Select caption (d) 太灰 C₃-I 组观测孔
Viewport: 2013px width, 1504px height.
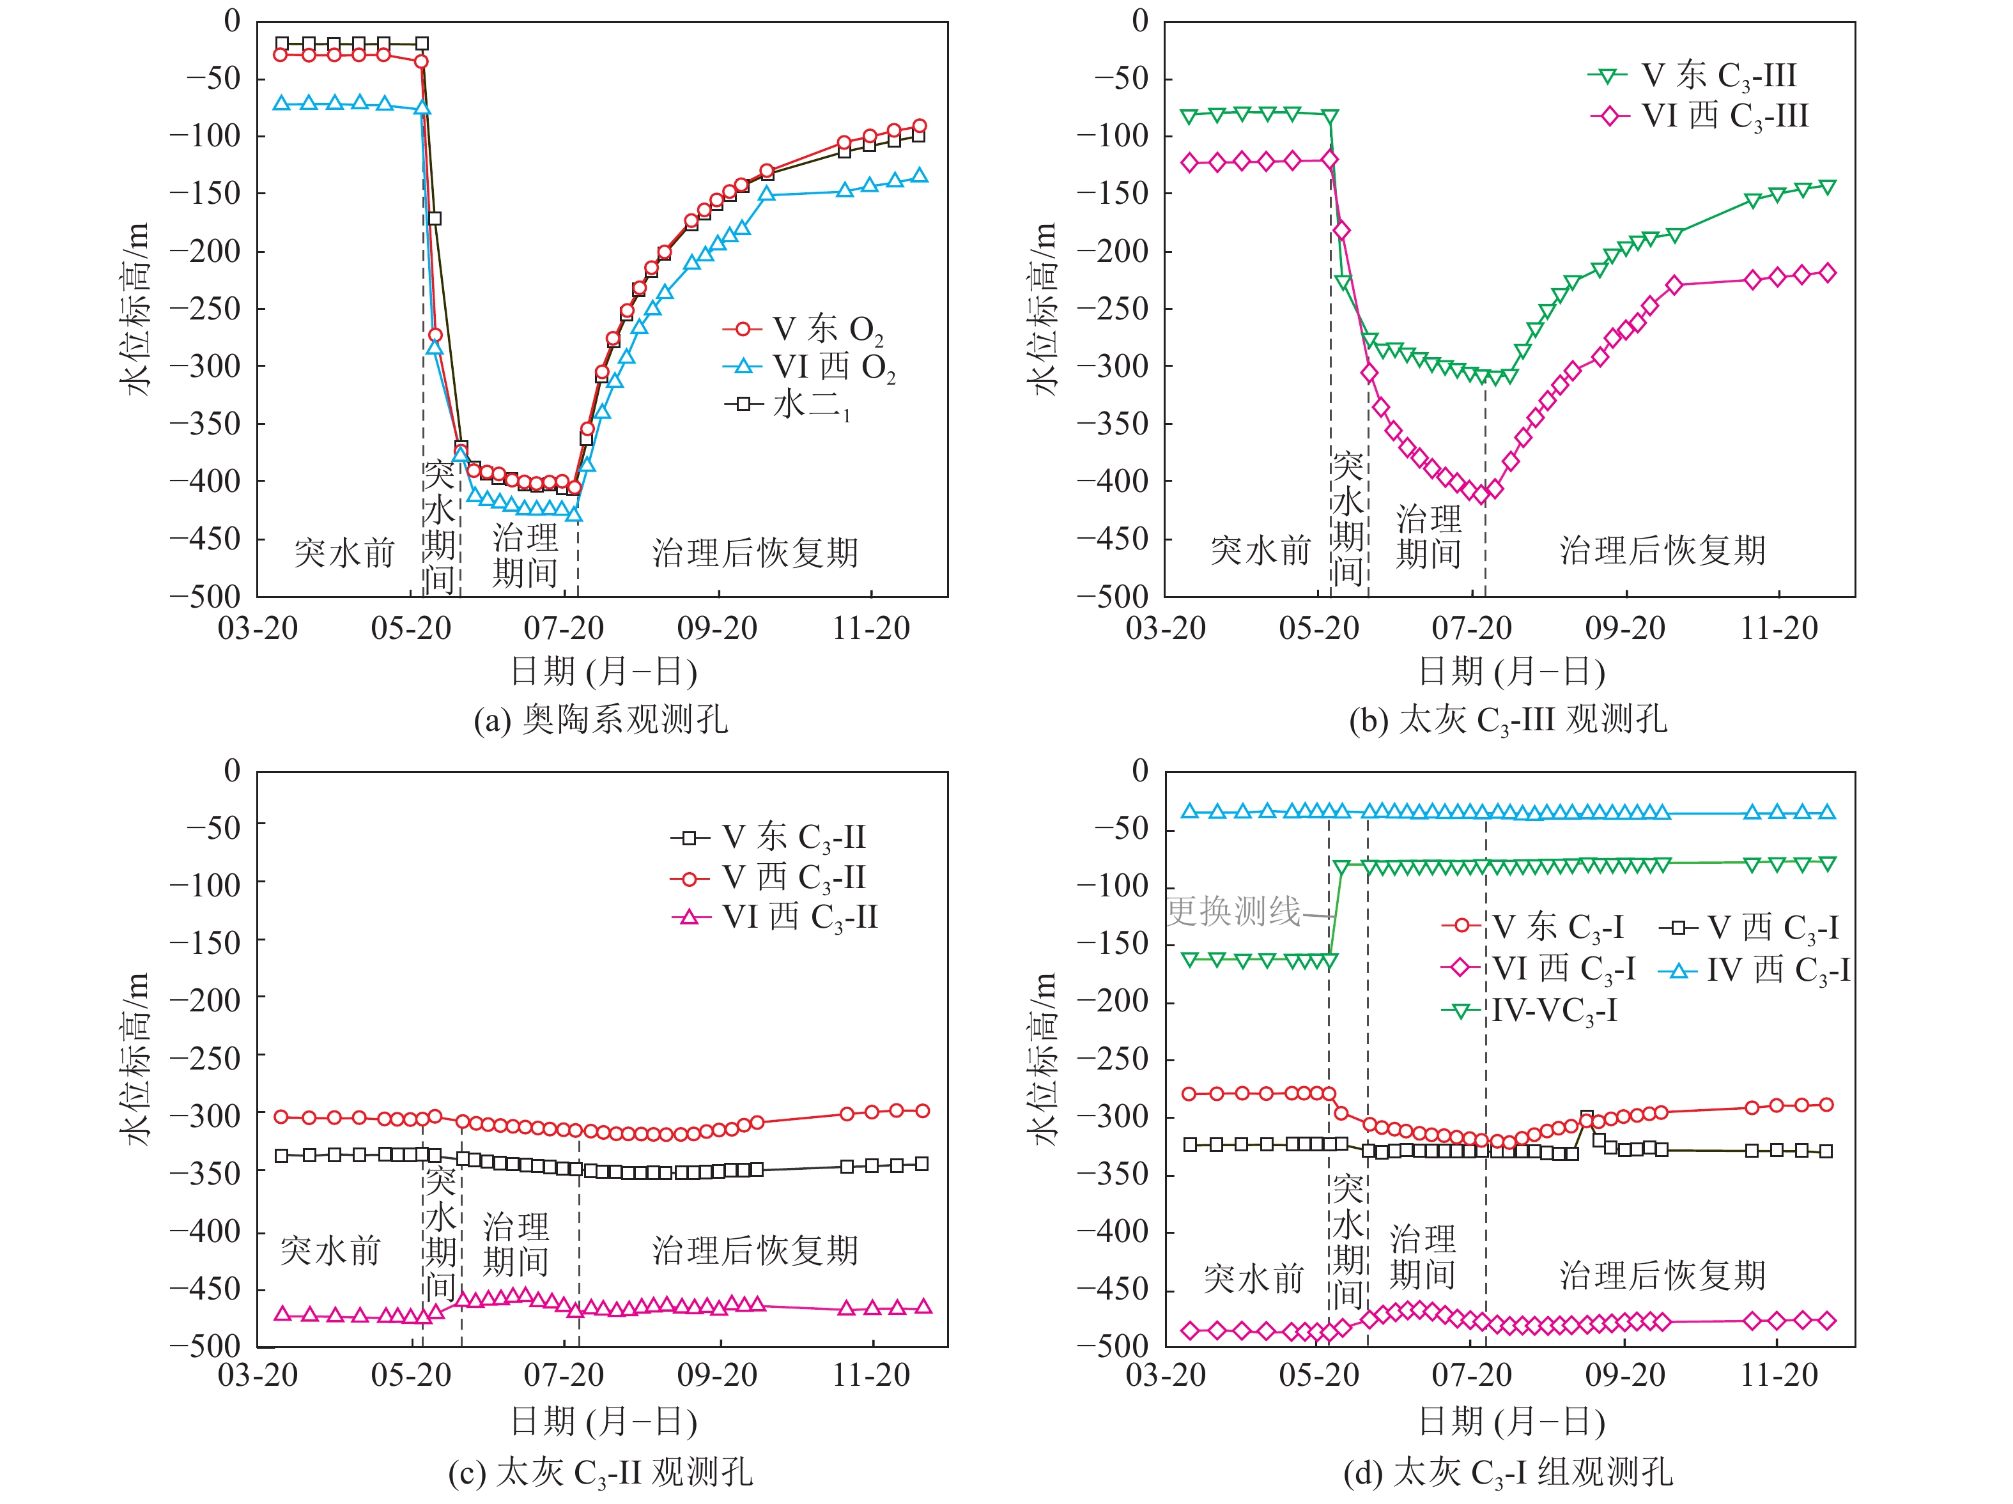(x=1508, y=1471)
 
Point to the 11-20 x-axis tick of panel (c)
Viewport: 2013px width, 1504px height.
(x=871, y=1375)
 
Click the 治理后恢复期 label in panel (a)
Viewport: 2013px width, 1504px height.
(x=755, y=552)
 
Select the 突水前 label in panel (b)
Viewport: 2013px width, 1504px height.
(x=1260, y=551)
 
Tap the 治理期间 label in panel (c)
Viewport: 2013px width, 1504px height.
(x=516, y=1244)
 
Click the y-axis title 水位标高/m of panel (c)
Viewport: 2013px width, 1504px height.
(x=135, y=1058)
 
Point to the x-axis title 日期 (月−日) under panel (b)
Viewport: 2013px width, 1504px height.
(x=1511, y=671)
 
